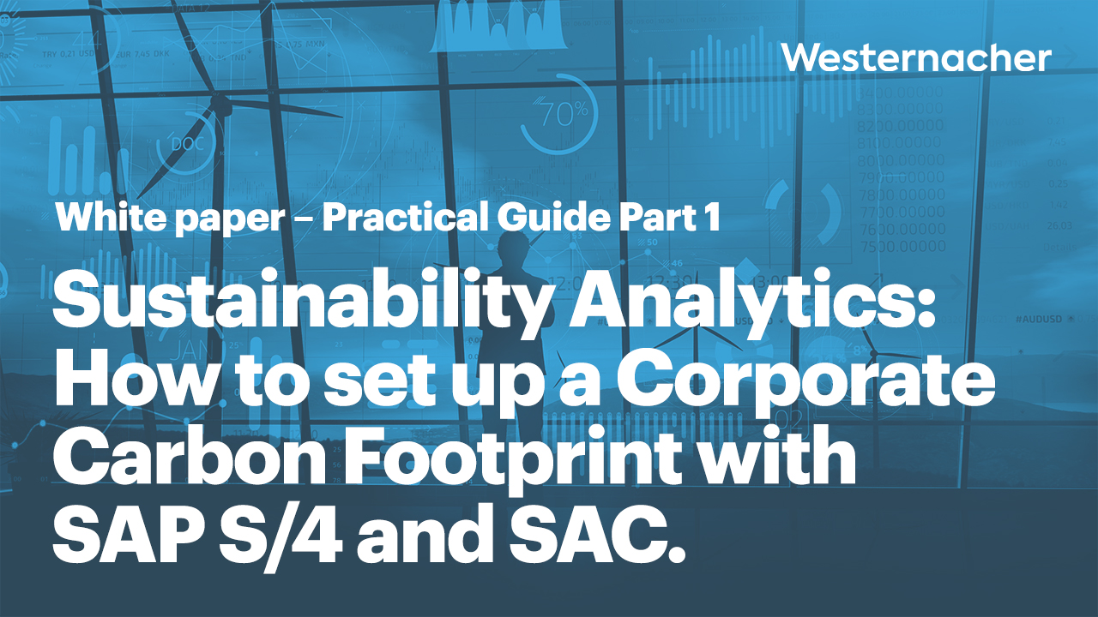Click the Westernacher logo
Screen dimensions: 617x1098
(916, 58)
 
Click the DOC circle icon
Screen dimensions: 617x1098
(187, 143)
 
